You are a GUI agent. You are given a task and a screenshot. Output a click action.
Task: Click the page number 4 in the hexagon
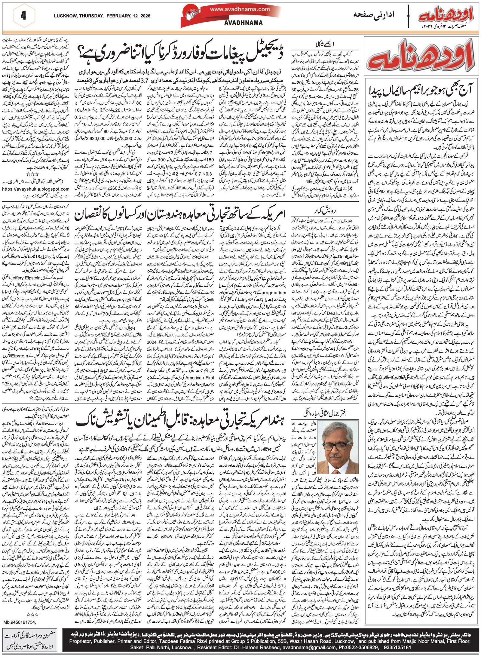click(x=24, y=15)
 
